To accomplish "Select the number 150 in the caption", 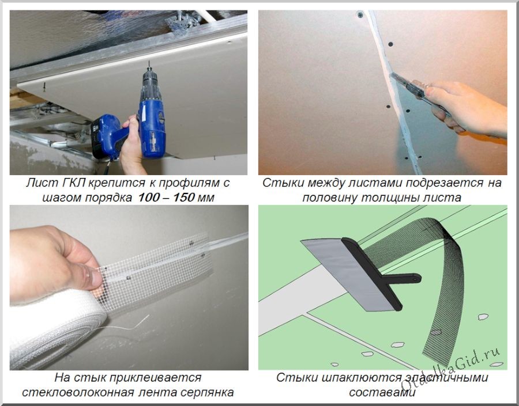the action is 183,198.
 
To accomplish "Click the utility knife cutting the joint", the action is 417,92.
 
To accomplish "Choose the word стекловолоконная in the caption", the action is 78,392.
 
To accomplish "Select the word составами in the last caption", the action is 382,392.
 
